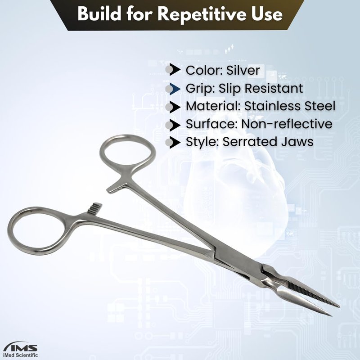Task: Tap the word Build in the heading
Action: [x=99, y=13]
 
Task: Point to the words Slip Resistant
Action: [x=261, y=88]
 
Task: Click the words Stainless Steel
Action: [x=289, y=106]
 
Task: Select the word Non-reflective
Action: [x=287, y=124]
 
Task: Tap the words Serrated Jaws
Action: [x=268, y=142]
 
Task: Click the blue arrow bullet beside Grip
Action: [x=173, y=89]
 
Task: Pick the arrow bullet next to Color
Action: [x=173, y=70]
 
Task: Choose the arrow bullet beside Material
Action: [x=173, y=107]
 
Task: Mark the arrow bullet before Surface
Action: [x=173, y=125]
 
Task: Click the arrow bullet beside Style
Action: [x=173, y=142]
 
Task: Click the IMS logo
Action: [x=21, y=347]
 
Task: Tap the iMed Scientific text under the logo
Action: [x=20, y=355]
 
